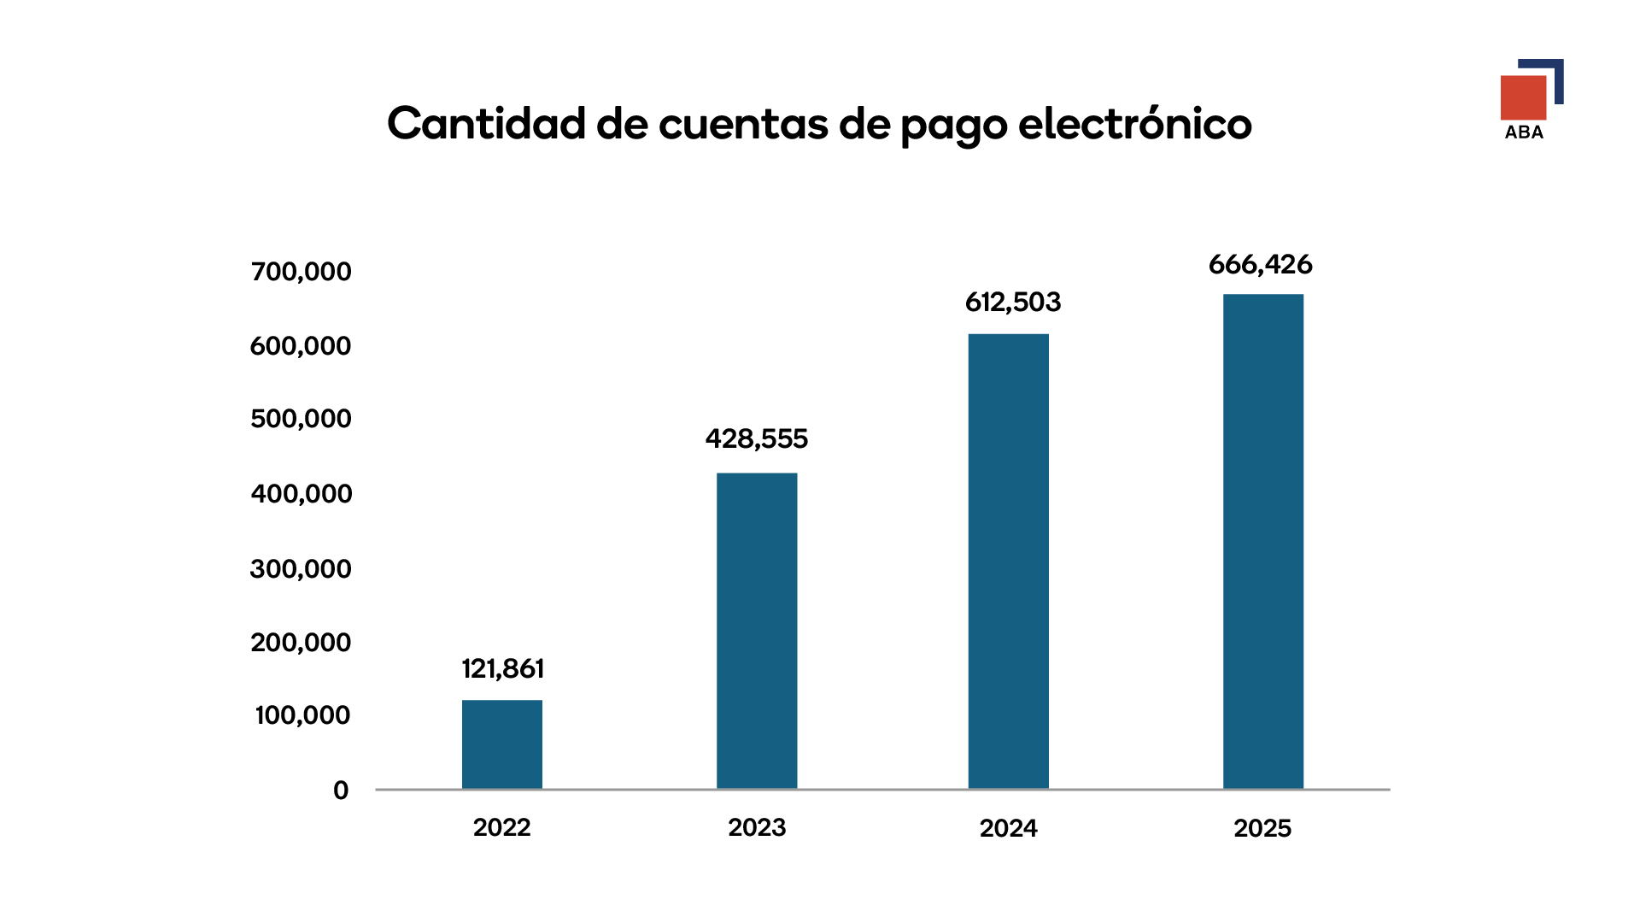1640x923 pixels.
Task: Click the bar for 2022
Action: (x=502, y=744)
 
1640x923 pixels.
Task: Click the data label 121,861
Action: (x=502, y=668)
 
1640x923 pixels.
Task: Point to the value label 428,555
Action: (x=756, y=439)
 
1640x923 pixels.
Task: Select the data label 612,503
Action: (x=1012, y=303)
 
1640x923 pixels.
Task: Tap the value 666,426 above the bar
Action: (x=1260, y=265)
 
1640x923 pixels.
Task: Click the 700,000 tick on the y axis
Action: (x=301, y=272)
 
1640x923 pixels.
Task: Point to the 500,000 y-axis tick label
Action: (x=301, y=419)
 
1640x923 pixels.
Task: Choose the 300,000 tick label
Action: (x=301, y=569)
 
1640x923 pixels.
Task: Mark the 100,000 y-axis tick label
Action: (x=302, y=715)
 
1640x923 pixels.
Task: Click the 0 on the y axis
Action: (x=341, y=791)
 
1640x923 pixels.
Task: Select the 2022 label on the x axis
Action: (x=502, y=827)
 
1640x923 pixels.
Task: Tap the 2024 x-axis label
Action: (x=1008, y=828)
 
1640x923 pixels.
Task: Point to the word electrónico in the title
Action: (x=1135, y=123)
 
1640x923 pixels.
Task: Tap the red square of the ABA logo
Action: (x=1523, y=97)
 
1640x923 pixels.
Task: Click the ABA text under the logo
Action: (x=1524, y=132)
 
